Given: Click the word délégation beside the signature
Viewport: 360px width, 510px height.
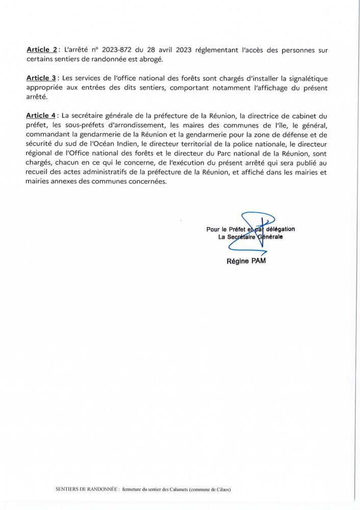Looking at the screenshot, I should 280,229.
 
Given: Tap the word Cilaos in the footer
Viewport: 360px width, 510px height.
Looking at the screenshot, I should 222,490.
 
